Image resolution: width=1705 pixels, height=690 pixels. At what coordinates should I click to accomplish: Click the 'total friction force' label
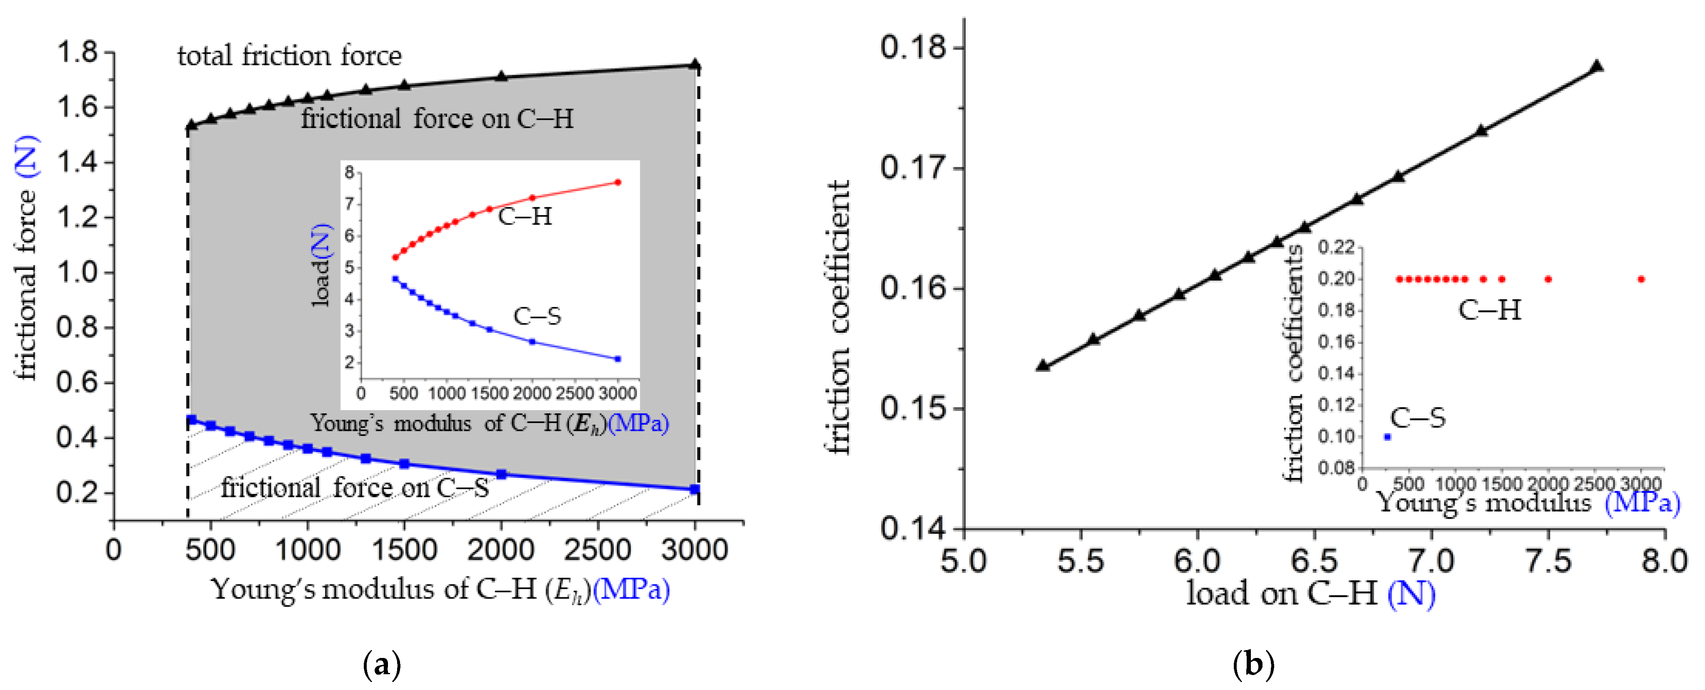(x=289, y=56)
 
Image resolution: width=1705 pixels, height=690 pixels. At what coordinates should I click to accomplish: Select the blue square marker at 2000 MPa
(x=501, y=474)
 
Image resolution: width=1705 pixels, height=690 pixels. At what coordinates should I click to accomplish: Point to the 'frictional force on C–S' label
(x=355, y=488)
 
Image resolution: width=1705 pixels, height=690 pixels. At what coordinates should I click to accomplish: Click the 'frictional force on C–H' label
(x=437, y=119)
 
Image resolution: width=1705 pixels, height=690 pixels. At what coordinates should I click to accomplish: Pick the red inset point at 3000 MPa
(x=618, y=182)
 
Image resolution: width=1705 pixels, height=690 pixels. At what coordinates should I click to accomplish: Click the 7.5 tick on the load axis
(x=1548, y=561)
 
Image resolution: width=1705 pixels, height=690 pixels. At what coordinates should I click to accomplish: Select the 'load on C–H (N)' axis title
(x=1310, y=594)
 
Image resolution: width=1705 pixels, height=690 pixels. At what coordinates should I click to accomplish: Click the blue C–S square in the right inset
(x=1387, y=437)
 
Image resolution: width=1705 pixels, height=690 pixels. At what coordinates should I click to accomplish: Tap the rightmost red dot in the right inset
(x=1641, y=279)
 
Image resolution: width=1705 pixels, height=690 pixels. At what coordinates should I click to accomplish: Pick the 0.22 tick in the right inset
(x=1336, y=247)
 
